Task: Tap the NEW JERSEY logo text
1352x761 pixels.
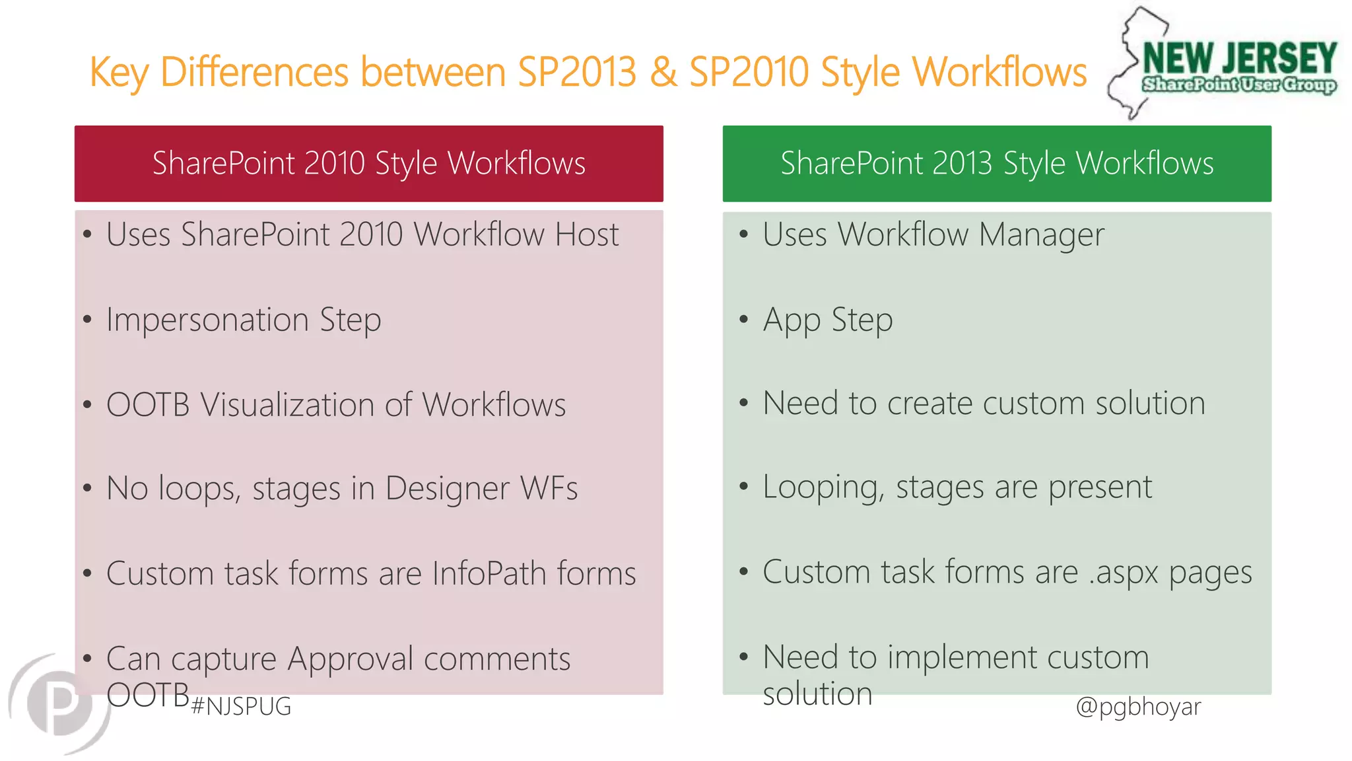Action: (x=1239, y=58)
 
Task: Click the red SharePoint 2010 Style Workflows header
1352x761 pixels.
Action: (x=368, y=163)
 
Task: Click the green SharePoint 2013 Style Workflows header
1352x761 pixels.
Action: (x=997, y=163)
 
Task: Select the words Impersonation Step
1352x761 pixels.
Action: (x=244, y=320)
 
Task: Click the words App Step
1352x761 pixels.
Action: (x=828, y=320)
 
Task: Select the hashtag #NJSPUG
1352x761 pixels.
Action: (x=241, y=707)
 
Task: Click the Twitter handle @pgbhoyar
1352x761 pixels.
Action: (x=1138, y=706)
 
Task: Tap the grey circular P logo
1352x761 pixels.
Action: (x=59, y=704)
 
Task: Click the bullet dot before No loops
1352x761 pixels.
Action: (x=87, y=489)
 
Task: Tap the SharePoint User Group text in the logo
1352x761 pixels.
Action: (x=1239, y=85)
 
